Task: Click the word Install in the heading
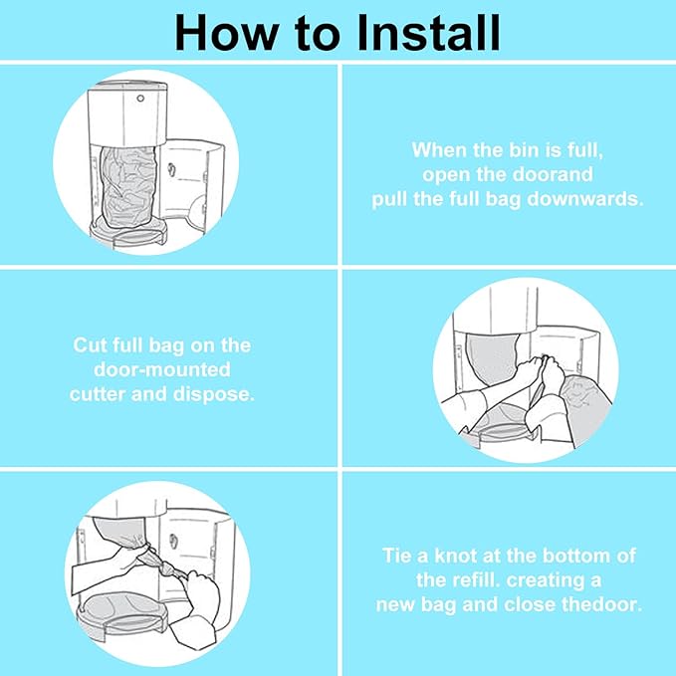[429, 34]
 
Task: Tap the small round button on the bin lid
[140, 99]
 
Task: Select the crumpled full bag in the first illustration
[127, 186]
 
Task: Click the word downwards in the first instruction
[585, 199]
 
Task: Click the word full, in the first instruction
[585, 151]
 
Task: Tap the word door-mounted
[162, 370]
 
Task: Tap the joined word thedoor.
[602, 604]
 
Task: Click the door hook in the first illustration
[170, 169]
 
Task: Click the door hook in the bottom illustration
[173, 542]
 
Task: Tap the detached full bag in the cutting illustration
[585, 409]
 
